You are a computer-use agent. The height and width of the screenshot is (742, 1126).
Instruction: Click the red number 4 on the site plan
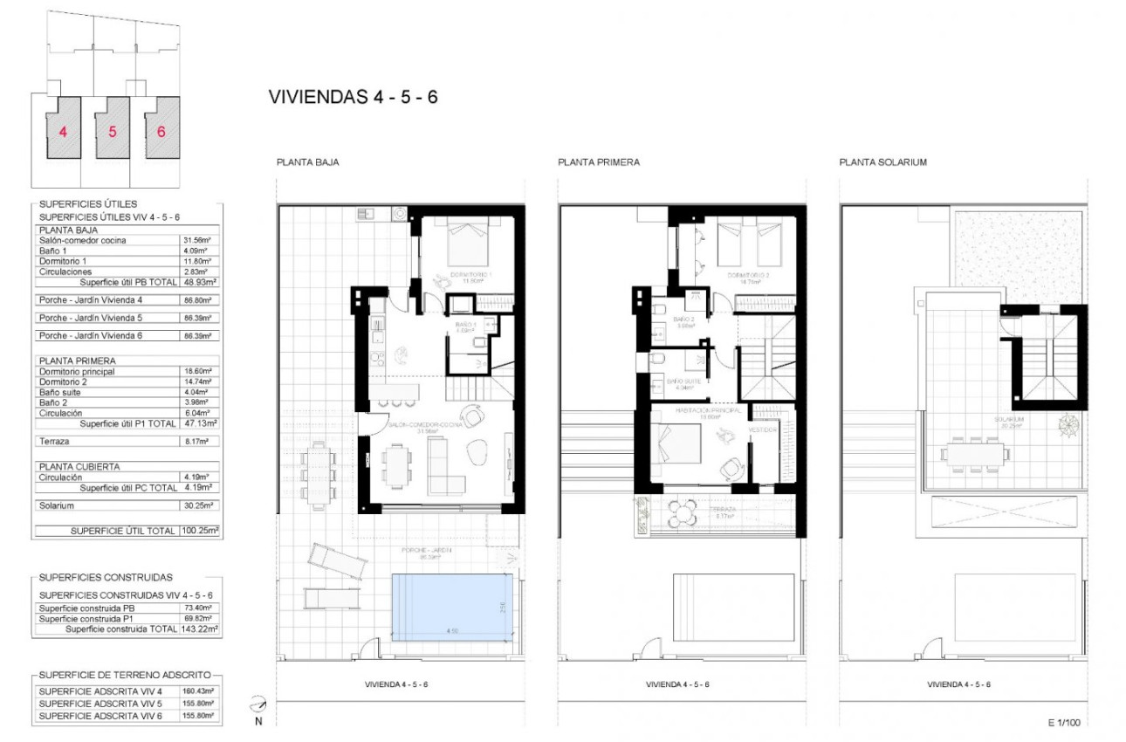62,133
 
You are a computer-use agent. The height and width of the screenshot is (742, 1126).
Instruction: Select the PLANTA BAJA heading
308,162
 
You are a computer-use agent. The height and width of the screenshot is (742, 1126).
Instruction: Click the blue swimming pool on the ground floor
451,607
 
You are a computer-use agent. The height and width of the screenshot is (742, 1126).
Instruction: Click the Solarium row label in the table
57,505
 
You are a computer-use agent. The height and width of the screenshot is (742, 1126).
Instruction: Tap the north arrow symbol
257,704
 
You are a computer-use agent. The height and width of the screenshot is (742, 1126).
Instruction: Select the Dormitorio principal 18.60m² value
204,372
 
